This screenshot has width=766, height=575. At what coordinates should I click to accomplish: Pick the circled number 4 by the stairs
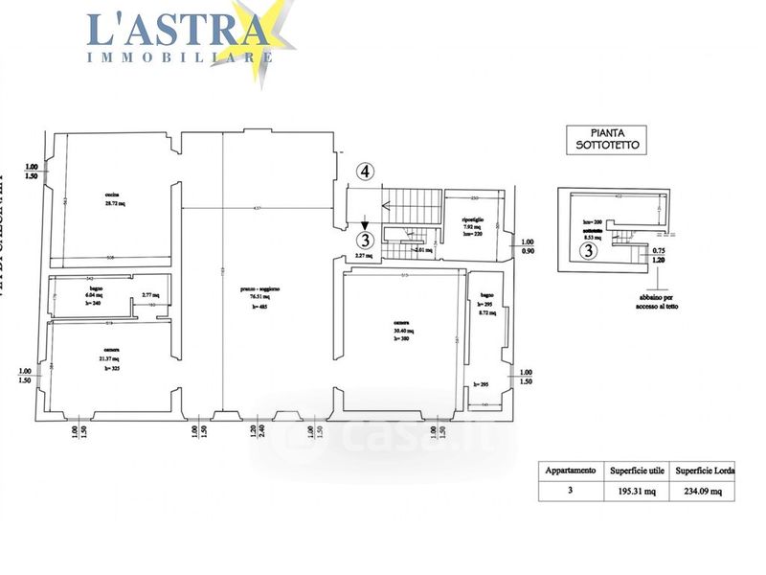tap(366, 172)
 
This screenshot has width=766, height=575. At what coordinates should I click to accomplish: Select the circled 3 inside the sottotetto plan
tap(590, 251)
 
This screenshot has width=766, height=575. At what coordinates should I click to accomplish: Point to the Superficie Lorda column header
tap(706, 471)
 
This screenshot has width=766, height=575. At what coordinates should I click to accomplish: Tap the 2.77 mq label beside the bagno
tap(149, 295)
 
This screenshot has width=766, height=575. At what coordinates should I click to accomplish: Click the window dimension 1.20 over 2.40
tap(252, 436)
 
